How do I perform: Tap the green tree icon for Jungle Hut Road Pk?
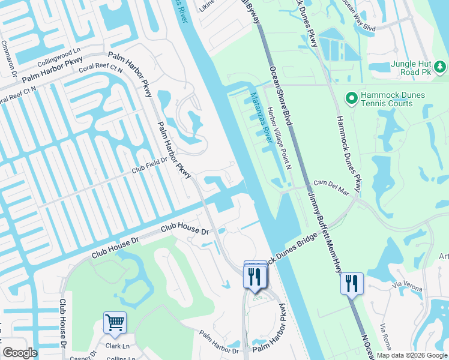coord(440,65)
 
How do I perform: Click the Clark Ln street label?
coord(118,346)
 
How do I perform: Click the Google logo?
coord(19,353)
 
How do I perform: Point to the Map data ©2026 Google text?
coord(412,355)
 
